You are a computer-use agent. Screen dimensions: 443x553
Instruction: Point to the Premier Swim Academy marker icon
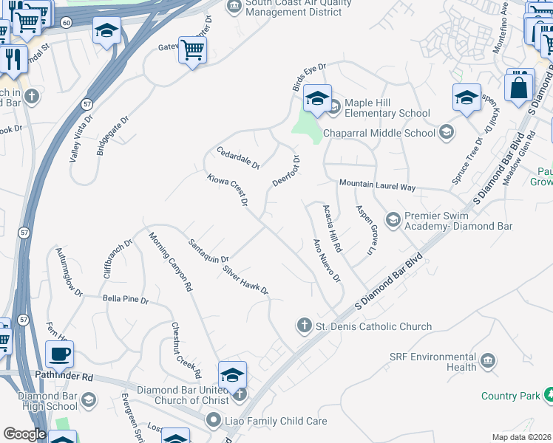(393, 219)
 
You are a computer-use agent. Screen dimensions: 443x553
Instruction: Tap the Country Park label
(510, 396)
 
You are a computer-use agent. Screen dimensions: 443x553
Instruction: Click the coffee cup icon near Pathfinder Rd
(59, 354)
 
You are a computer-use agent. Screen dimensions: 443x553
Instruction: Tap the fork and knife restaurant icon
(13, 58)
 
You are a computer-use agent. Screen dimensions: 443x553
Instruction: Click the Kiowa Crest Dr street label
(227, 190)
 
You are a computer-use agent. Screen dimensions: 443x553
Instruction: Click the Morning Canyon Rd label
(170, 261)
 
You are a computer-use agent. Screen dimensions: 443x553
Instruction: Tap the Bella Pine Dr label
(126, 301)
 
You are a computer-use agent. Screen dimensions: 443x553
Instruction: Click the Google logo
(24, 434)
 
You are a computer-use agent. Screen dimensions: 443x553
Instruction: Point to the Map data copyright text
(521, 437)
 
